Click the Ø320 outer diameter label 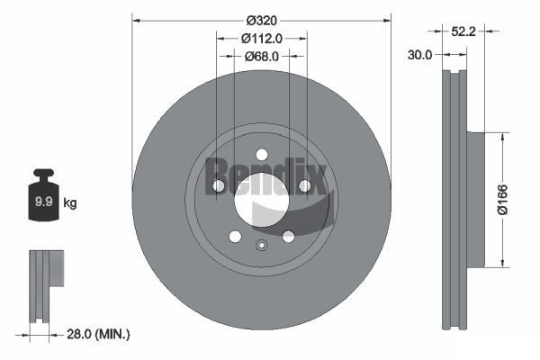[261, 21]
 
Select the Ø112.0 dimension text [262, 38]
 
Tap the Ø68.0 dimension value [262, 56]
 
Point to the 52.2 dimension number [487, 31]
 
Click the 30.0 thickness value [419, 54]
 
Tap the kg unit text [69, 203]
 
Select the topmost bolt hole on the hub [261, 154]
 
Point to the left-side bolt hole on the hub [218, 185]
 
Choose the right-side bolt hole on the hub [304, 185]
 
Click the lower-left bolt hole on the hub [235, 236]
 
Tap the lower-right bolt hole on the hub [288, 236]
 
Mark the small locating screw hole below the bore [261, 247]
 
